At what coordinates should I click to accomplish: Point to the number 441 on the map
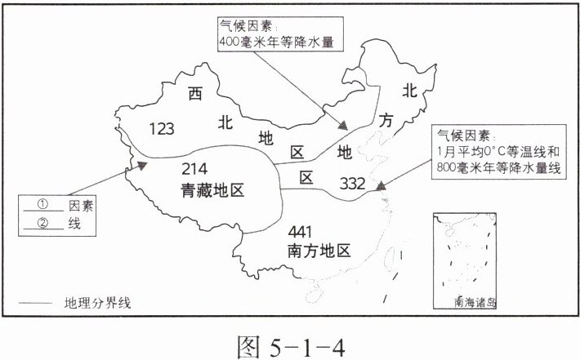(305, 232)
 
